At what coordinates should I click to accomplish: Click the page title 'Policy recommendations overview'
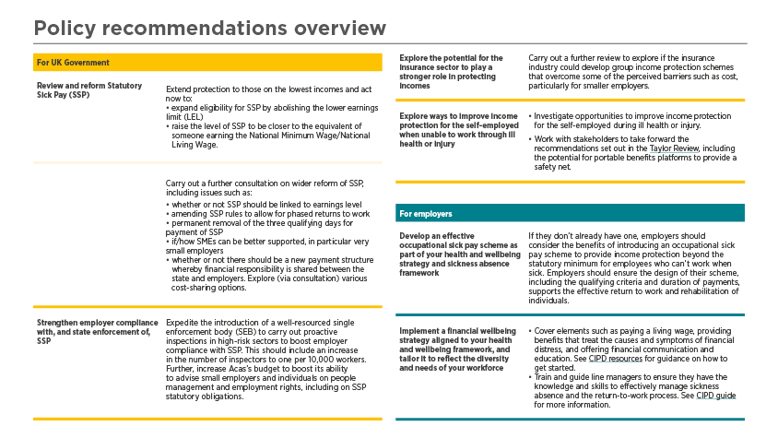pos(209,29)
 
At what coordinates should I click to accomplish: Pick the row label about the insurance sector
pos(451,72)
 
